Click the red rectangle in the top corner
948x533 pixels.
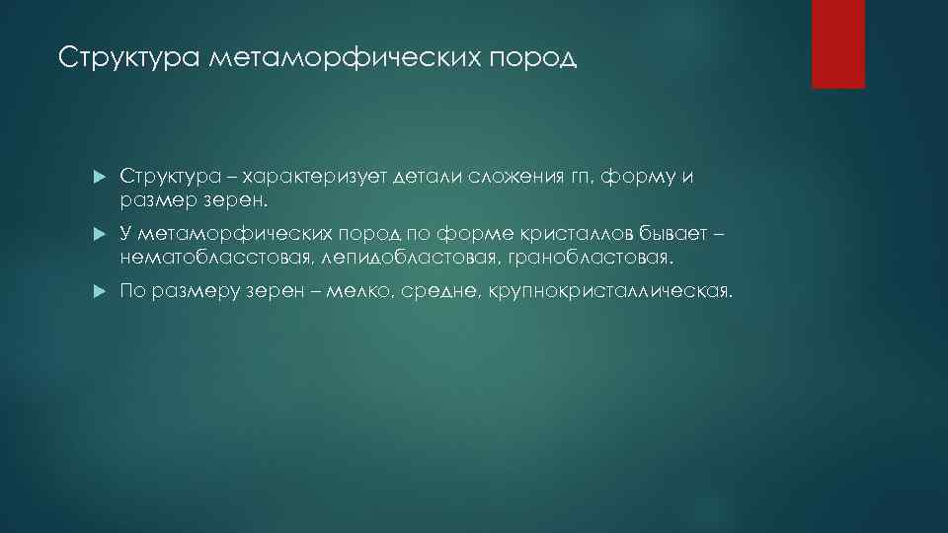tap(837, 44)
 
